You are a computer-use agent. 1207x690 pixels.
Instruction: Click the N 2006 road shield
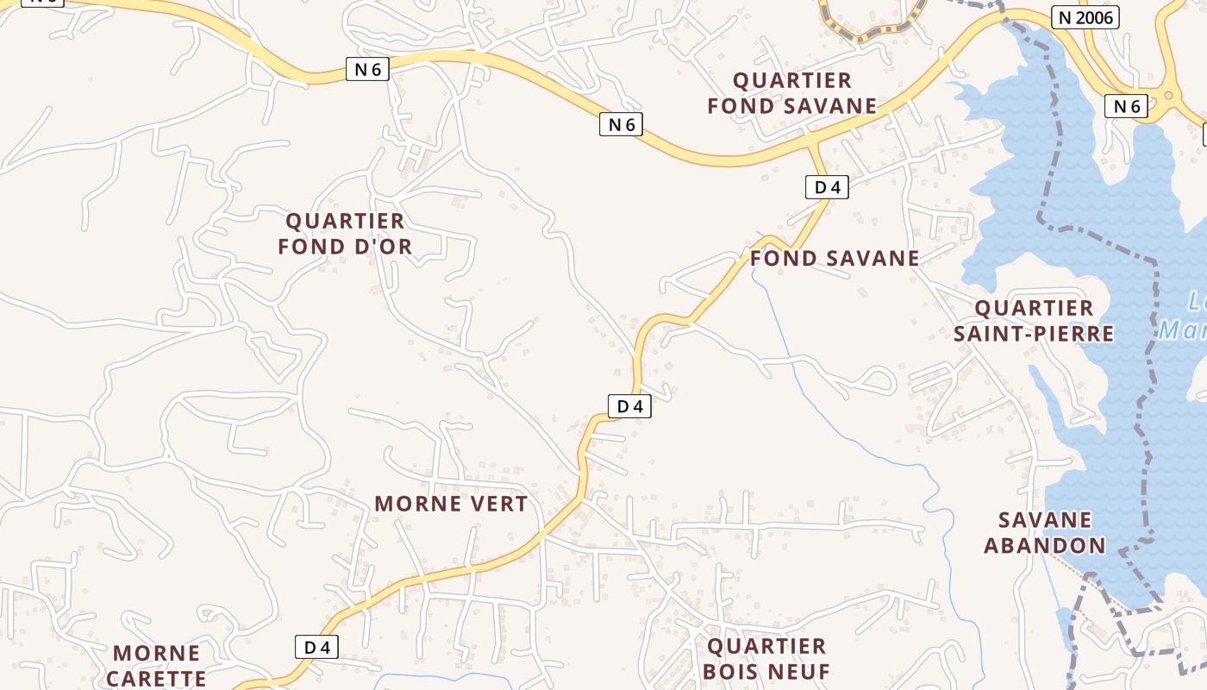click(x=1085, y=17)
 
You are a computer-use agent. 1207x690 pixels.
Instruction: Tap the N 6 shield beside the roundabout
click(x=1127, y=106)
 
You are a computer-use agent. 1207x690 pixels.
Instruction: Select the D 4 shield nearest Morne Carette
click(x=316, y=647)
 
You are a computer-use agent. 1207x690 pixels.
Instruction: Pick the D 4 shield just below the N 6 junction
click(x=827, y=187)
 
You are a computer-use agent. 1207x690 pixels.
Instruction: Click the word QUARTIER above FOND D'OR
click(x=345, y=222)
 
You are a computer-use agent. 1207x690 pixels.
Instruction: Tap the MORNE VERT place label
click(x=451, y=505)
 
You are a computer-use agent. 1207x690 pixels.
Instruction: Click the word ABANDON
click(x=1045, y=546)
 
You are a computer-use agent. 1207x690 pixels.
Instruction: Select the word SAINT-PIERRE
click(x=1034, y=334)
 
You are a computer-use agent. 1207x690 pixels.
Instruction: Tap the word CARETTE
click(x=156, y=679)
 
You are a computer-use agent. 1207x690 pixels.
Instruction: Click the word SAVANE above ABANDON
click(x=1045, y=520)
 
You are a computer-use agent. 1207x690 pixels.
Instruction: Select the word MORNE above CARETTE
click(x=156, y=653)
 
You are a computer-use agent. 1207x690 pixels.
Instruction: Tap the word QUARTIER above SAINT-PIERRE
click(x=1034, y=309)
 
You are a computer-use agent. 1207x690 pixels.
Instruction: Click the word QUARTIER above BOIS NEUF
click(x=766, y=647)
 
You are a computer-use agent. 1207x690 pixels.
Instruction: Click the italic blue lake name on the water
click(x=1185, y=316)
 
